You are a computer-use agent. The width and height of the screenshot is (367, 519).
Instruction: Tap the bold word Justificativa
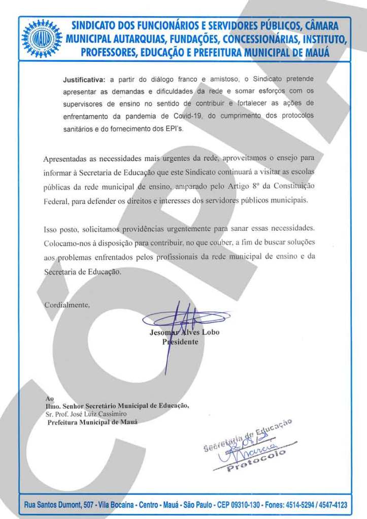(84, 80)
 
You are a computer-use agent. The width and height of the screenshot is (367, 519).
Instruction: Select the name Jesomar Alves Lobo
(184, 333)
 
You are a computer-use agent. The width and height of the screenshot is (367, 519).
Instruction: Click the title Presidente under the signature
(180, 342)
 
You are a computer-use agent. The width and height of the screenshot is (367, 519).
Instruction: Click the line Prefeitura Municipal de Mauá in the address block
(92, 422)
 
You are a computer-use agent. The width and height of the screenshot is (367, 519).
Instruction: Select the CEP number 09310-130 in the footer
(246, 505)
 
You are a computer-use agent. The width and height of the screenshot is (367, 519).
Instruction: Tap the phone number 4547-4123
(331, 505)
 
